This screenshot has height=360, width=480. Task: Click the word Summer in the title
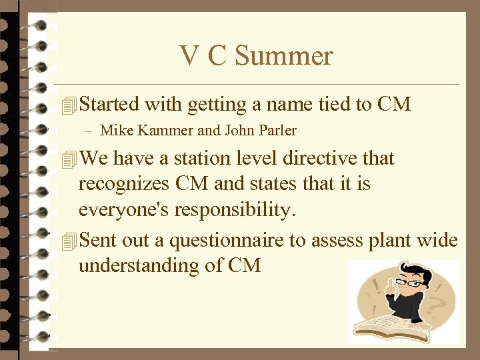pyautogui.click(x=284, y=56)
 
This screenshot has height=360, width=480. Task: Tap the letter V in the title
pyautogui.click(x=188, y=56)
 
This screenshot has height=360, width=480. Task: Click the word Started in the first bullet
pyautogui.click(x=109, y=105)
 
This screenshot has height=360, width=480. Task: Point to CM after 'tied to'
pyautogui.click(x=393, y=105)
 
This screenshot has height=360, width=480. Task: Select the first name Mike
pyautogui.click(x=115, y=131)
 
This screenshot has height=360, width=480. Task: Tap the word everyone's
pyautogui.click(x=124, y=211)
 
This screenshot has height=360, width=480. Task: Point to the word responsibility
pyautogui.click(x=233, y=211)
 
